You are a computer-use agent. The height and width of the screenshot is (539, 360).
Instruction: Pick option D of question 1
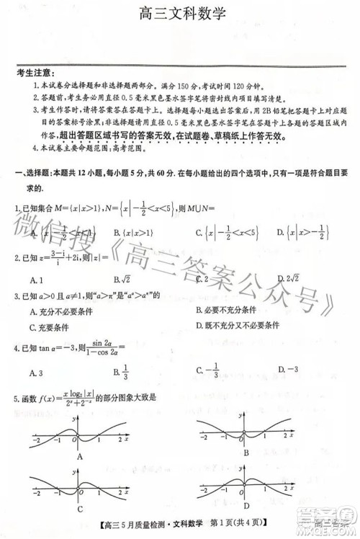pos(300,232)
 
